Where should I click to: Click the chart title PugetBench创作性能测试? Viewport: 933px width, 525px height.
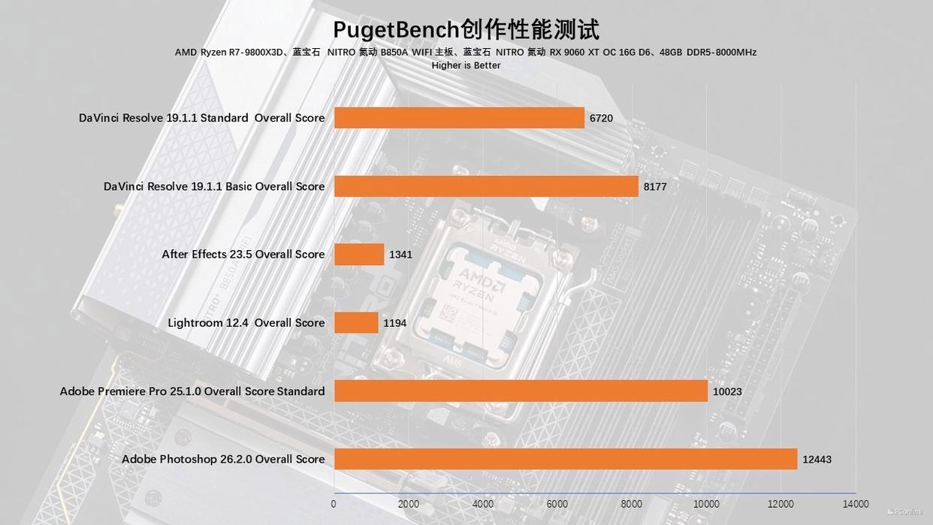tap(466, 29)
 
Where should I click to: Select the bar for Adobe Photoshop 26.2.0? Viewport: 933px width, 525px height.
tap(565, 459)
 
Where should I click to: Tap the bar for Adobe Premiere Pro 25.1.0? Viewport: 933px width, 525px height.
tap(521, 391)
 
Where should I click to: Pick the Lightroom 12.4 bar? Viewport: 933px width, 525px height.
tap(356, 323)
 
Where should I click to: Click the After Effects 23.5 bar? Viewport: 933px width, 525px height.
tap(359, 255)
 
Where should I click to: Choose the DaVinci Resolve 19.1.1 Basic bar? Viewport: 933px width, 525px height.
tap(486, 186)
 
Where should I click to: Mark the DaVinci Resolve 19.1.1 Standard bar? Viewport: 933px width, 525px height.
tap(459, 118)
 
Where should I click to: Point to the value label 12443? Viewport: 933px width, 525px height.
tap(817, 460)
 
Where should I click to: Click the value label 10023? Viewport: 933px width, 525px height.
tap(727, 391)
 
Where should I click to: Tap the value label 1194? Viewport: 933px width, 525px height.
tap(394, 323)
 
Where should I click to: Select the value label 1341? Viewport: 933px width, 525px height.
tap(400, 255)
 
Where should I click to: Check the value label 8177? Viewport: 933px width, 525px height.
tap(655, 186)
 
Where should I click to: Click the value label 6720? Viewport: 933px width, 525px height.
tap(601, 118)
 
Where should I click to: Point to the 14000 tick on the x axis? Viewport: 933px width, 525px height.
tap(855, 504)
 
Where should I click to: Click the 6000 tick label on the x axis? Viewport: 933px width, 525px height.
tap(557, 504)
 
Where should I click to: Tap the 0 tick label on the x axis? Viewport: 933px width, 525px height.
tap(334, 504)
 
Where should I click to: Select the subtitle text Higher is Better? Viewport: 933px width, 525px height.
tap(466, 65)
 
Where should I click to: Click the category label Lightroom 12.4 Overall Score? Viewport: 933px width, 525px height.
tap(246, 323)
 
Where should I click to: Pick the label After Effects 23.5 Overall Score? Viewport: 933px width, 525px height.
tap(243, 255)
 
